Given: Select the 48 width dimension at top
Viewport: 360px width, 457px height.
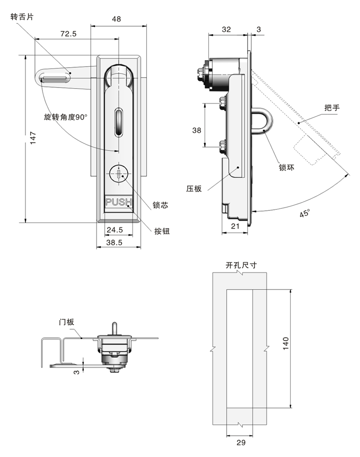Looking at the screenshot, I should (116, 19).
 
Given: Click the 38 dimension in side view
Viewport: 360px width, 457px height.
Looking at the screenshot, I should (196, 130).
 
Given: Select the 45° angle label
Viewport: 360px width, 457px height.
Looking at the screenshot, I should (305, 213).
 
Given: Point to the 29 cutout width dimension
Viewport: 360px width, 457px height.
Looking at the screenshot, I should (242, 442).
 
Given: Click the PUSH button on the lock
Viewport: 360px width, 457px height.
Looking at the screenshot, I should (118, 202).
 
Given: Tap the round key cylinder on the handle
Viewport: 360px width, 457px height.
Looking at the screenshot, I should (118, 174).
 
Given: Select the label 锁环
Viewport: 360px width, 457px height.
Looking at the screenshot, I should (286, 167).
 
